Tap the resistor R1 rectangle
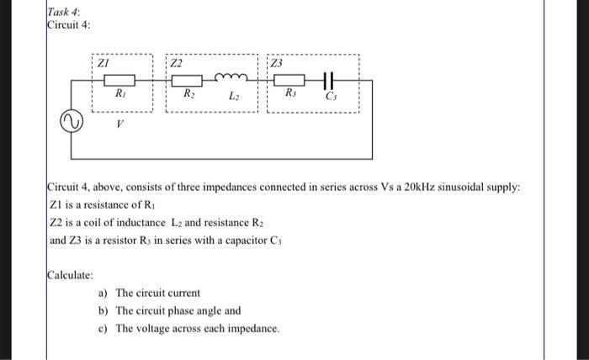pyautogui.click(x=120, y=81)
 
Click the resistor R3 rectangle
pyautogui.click(x=290, y=81)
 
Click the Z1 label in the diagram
pyautogui.click(x=103, y=62)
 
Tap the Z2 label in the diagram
pyautogui.click(x=176, y=62)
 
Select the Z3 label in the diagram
pyautogui.click(x=278, y=62)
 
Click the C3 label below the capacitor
pyautogui.click(x=330, y=98)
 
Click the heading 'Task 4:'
pyautogui.click(x=64, y=9)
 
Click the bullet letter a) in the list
pyautogui.click(x=103, y=293)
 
